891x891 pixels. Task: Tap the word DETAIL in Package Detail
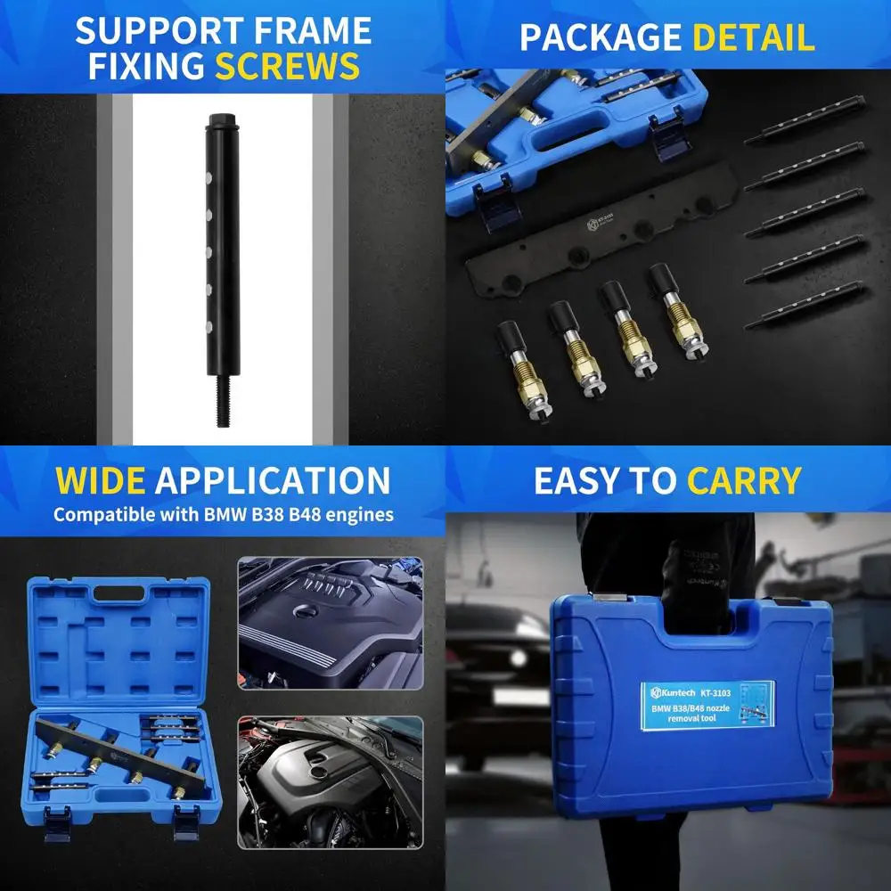pos(753,37)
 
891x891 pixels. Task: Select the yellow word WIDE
pos(101,480)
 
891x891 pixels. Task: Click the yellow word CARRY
pos(744,480)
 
